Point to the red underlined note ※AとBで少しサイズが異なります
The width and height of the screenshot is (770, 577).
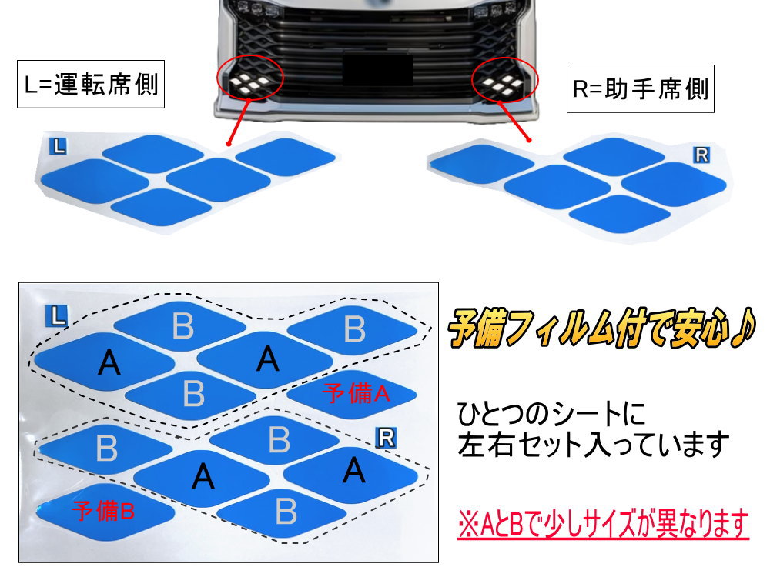pyautogui.click(x=603, y=525)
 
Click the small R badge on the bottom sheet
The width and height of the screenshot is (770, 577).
pyautogui.click(x=387, y=439)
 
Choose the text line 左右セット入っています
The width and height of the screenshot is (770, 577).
pyautogui.click(x=593, y=444)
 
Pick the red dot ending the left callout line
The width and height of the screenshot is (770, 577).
pyautogui.click(x=229, y=142)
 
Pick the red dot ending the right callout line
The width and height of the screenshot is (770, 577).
pyautogui.click(x=530, y=140)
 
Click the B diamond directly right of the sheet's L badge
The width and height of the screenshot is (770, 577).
pyautogui.click(x=183, y=326)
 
